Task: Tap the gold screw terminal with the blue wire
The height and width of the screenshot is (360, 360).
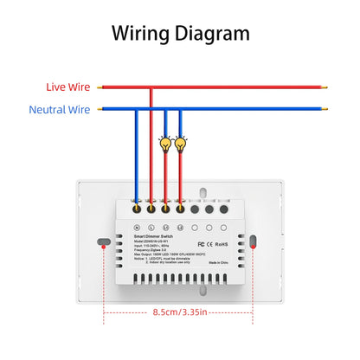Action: click(136, 208)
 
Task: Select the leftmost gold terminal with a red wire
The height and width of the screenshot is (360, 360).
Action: click(151, 208)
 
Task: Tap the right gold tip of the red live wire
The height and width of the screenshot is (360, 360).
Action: click(327, 87)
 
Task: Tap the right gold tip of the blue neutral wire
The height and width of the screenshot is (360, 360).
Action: click(327, 109)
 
